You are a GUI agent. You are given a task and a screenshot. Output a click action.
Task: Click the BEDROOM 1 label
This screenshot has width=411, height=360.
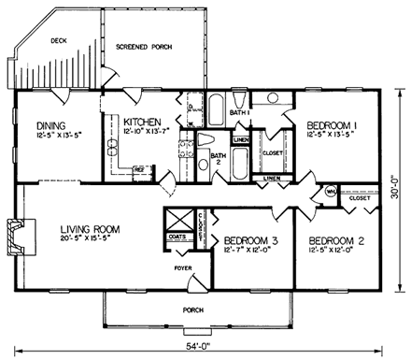pyautogui.click(x=331, y=122)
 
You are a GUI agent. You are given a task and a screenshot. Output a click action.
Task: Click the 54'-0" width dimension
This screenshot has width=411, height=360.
pyautogui.click(x=199, y=346)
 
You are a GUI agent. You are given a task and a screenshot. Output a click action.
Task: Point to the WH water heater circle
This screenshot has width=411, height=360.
pyautogui.click(x=330, y=192)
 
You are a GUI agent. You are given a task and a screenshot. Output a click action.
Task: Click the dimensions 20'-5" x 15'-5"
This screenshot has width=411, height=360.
pyautogui.click(x=90, y=239)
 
